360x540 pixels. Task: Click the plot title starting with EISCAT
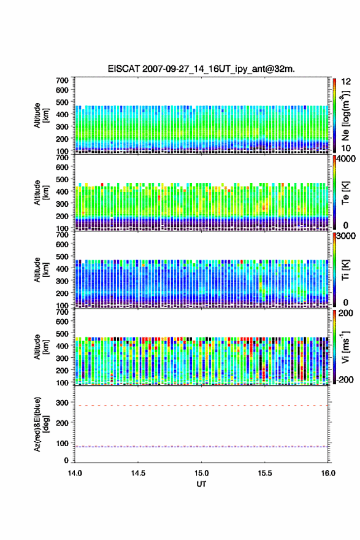tap(201, 69)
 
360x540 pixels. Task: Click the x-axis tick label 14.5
tap(138, 473)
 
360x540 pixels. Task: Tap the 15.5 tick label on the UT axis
tap(265, 473)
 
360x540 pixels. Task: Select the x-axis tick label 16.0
tap(328, 473)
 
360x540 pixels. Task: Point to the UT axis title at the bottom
tap(201, 484)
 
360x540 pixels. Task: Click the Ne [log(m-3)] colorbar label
tap(346, 116)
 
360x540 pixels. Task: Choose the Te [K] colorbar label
tap(345, 193)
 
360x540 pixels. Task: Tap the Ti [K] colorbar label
tap(345, 269)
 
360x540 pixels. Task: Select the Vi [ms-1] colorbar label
tap(345, 347)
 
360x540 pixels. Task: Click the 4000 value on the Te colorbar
tap(346, 159)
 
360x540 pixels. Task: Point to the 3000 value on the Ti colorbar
tap(346, 236)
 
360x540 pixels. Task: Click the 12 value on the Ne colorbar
tap(346, 82)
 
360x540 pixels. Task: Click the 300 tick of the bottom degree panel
tap(63, 403)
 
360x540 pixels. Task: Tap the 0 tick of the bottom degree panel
tap(66, 460)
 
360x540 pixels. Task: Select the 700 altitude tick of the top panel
tap(63, 80)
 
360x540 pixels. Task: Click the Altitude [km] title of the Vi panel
tap(41, 347)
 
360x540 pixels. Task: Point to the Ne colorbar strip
tap(334, 115)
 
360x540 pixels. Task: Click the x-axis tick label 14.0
tap(75, 473)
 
